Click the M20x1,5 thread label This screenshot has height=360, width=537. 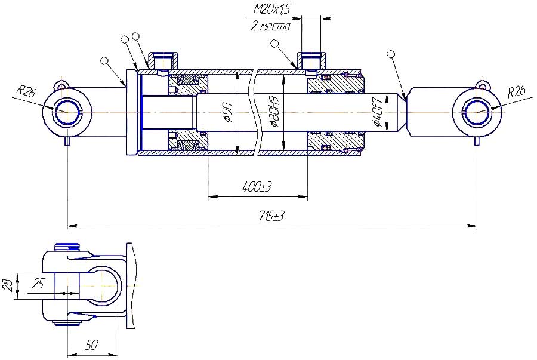click(x=271, y=9)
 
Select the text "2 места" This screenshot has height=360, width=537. click(x=270, y=26)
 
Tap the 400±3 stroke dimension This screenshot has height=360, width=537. click(x=257, y=187)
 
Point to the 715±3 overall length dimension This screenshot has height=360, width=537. click(x=271, y=216)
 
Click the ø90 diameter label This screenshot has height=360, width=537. click(x=229, y=112)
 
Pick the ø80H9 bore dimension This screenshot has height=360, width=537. click(x=274, y=112)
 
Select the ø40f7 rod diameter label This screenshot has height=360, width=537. click(x=378, y=112)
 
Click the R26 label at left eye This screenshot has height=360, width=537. click(x=26, y=91)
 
